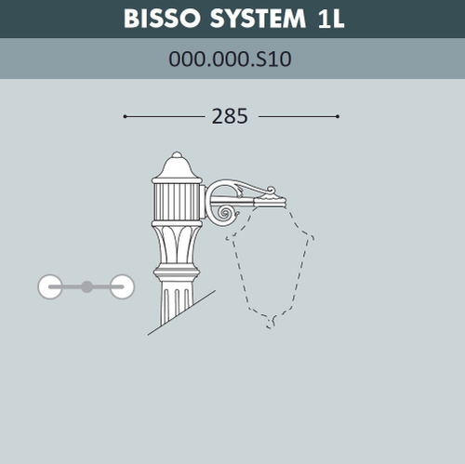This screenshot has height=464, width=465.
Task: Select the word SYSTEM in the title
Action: pyautogui.click(x=255, y=19)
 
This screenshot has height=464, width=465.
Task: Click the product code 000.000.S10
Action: pyautogui.click(x=231, y=60)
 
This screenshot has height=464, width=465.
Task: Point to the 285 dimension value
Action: pyautogui.click(x=230, y=116)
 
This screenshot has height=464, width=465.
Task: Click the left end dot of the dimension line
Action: pyautogui.click(x=125, y=116)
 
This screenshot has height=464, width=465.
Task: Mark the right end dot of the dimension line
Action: pyautogui.click(x=338, y=116)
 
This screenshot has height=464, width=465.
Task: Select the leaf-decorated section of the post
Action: pyautogui.click(x=177, y=244)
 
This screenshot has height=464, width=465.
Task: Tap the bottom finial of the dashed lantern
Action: pyautogui.click(x=272, y=322)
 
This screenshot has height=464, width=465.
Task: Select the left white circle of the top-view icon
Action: pyautogui.click(x=50, y=286)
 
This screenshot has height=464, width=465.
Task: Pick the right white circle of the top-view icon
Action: pyautogui.click(x=122, y=286)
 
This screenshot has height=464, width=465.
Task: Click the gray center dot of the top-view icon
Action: pyautogui.click(x=86, y=286)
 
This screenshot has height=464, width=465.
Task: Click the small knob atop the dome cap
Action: pyautogui.click(x=177, y=152)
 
